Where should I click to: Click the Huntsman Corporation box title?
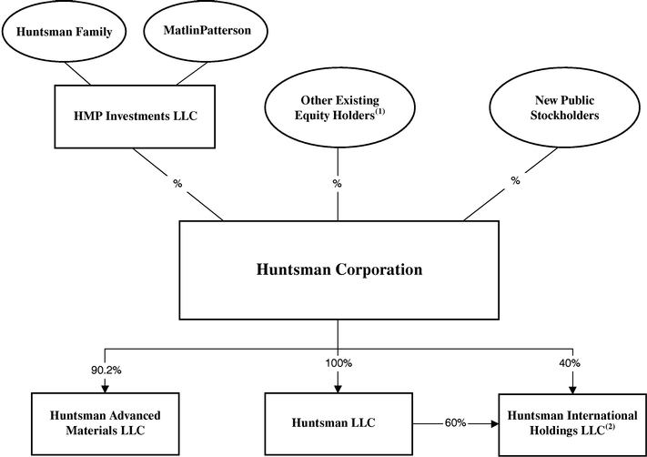click(338, 269)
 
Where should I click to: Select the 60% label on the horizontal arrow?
click(455, 422)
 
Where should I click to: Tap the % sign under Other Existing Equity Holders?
click(338, 182)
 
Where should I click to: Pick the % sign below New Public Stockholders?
click(515, 180)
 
